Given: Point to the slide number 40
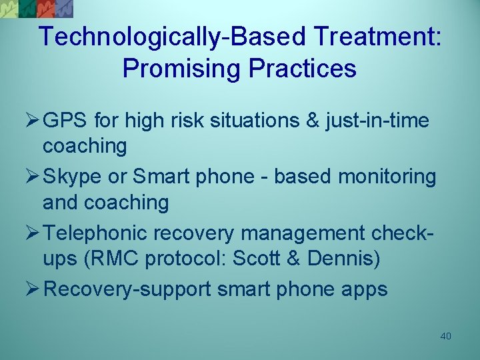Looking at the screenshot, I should (446, 336).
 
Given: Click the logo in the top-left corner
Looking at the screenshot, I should (37, 8).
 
